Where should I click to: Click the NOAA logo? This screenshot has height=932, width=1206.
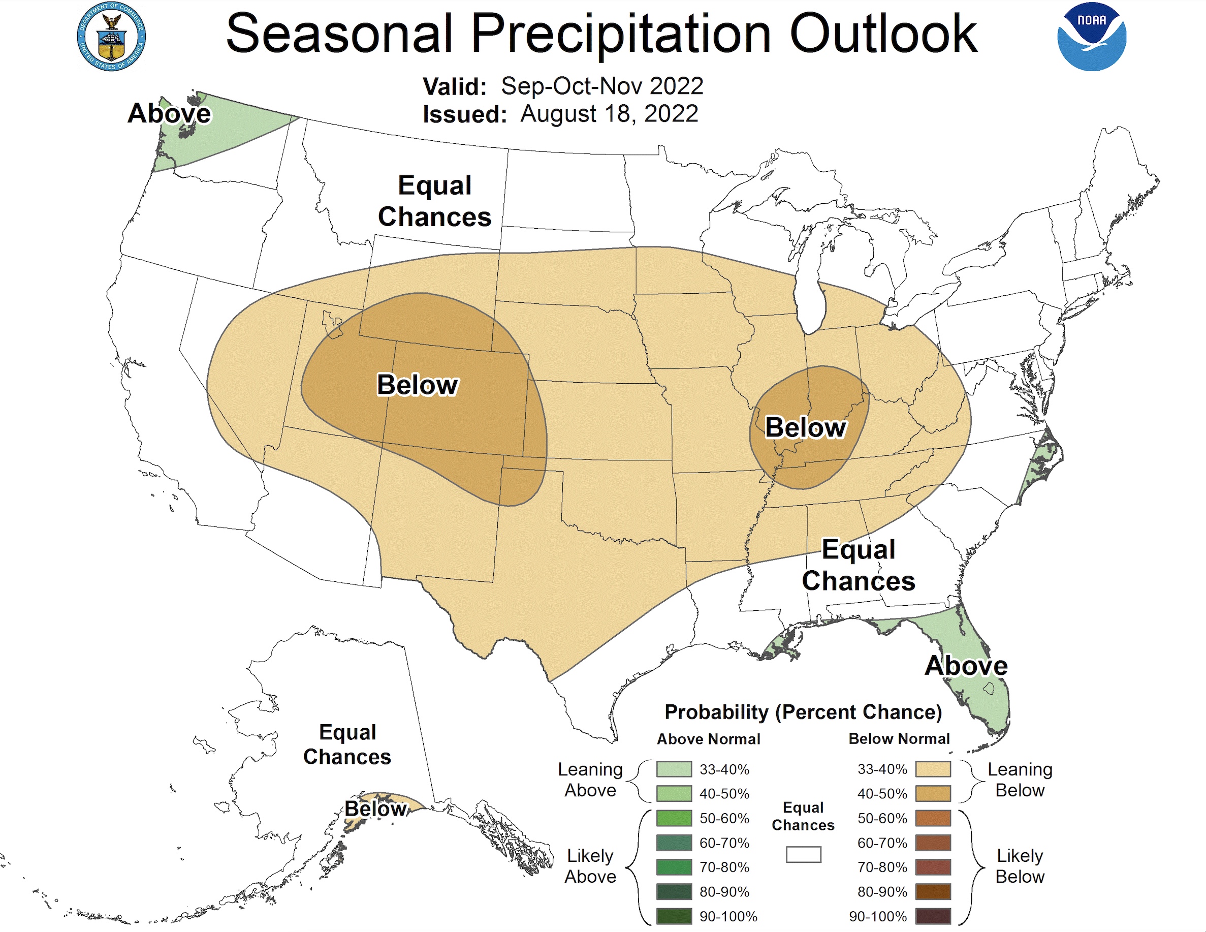point(1091,37)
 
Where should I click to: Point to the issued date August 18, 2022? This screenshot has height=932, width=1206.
point(609,114)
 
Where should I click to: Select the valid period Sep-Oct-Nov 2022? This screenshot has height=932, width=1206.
point(602,86)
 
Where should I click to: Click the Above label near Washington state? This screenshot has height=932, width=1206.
point(169,113)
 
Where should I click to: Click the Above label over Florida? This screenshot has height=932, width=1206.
point(966,665)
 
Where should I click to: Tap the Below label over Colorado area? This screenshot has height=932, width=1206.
point(417,385)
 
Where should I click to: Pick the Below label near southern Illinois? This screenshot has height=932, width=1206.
point(805,427)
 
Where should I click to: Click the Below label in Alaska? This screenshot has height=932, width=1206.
point(375,809)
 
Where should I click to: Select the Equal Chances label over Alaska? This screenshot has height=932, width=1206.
point(347,744)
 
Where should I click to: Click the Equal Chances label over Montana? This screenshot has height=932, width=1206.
point(434,201)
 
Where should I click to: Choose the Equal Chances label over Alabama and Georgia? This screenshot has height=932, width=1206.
point(858,565)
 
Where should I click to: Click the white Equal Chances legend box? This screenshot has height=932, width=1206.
point(804,854)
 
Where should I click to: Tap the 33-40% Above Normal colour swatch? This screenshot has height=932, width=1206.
point(674,769)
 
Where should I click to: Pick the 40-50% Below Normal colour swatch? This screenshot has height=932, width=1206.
point(933,793)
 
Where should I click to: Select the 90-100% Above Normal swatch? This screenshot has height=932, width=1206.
point(674,916)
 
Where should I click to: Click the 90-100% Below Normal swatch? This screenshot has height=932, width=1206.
point(933,916)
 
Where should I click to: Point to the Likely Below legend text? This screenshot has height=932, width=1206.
point(1020,866)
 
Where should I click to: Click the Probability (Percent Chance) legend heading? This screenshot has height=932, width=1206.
point(803,711)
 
